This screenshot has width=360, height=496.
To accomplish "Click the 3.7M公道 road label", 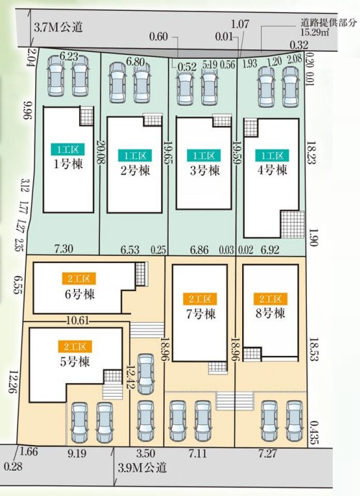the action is click(58, 27).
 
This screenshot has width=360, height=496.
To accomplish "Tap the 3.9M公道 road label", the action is click(142, 467).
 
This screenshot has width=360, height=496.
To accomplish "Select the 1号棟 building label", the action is click(68, 164).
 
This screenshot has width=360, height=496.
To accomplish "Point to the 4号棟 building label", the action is click(272, 170).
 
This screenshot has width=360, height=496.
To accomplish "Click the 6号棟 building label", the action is click(80, 294).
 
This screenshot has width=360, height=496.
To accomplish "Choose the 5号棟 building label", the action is click(75, 362).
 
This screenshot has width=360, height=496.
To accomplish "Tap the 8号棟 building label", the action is click(270, 313).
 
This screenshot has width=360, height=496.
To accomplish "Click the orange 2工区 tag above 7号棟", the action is click(200, 299).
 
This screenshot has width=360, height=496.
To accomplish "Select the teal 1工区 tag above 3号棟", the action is click(204, 156).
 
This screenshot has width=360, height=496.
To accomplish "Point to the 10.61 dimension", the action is click(78, 321).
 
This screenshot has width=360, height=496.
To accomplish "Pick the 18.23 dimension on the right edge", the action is click(311, 152).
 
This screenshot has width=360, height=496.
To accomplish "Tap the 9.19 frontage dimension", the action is click(77, 454).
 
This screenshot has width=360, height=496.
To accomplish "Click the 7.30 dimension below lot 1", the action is click(64, 249).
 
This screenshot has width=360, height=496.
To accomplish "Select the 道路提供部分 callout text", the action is click(328, 23).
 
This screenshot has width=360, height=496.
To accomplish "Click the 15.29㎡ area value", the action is click(315, 32).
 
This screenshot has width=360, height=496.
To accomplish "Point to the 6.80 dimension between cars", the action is click(136, 61).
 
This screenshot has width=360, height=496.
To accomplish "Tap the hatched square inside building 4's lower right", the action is click(292, 224).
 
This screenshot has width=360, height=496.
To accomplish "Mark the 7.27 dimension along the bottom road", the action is click(268, 454).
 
